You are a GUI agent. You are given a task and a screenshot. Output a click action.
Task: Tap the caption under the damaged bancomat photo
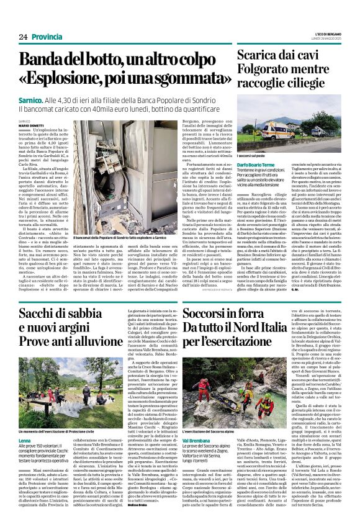(114, 237)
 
